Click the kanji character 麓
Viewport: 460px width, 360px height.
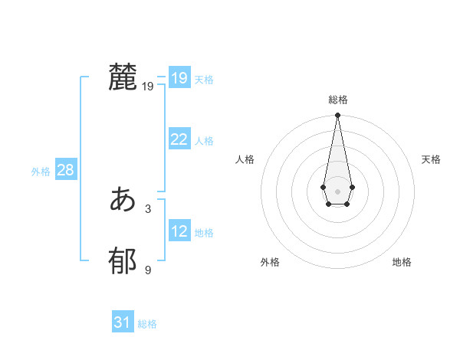(x=123, y=78)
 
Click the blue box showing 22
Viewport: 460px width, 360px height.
(x=179, y=139)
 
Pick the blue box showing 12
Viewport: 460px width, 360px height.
(x=179, y=231)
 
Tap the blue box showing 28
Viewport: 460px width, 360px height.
(x=65, y=170)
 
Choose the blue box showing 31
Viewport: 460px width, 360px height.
(x=122, y=322)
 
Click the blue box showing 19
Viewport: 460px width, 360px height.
(x=179, y=78)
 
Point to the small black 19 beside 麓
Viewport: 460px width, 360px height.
(x=148, y=87)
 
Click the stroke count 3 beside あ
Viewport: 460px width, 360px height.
(x=148, y=208)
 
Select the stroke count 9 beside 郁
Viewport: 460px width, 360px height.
(x=148, y=270)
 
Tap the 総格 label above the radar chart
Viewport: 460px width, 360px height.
(x=338, y=100)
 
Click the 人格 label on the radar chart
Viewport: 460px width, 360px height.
(x=245, y=159)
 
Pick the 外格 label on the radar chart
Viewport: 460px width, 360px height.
(x=270, y=262)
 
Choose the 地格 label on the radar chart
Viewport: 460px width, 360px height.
(x=402, y=262)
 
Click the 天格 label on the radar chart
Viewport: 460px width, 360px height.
(x=431, y=159)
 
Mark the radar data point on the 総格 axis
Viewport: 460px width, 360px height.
(x=337, y=116)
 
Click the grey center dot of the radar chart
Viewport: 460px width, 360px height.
(x=337, y=190)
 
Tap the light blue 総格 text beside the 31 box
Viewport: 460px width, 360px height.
(x=147, y=324)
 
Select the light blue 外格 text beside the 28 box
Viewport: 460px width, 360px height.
(x=41, y=172)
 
